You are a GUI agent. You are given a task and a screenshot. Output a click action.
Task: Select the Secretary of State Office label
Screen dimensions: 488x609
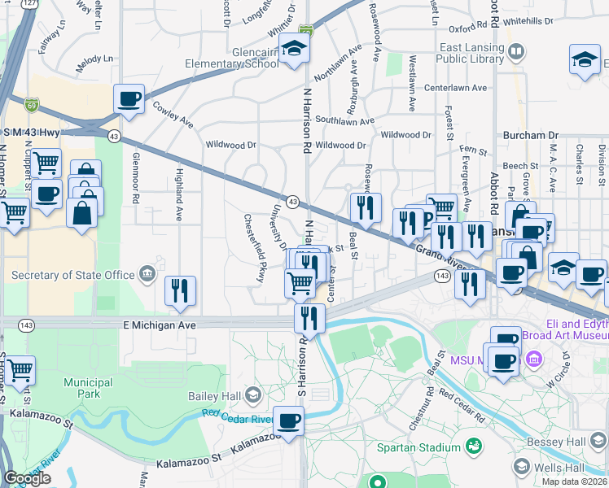[73, 275]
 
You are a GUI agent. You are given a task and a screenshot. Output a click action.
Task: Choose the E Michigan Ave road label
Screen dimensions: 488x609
[160, 325]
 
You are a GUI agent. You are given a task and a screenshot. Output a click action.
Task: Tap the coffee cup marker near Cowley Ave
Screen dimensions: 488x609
[129, 99]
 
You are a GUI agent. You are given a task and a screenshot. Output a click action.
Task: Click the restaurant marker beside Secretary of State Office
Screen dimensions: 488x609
[180, 291]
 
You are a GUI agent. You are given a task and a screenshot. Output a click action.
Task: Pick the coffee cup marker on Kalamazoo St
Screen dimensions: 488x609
[288, 420]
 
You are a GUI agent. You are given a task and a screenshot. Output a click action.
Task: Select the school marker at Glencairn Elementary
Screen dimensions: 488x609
[294, 49]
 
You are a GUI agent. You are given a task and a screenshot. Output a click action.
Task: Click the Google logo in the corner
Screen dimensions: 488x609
[27, 478]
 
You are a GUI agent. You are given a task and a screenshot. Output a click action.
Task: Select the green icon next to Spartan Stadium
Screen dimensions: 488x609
[472, 447]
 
